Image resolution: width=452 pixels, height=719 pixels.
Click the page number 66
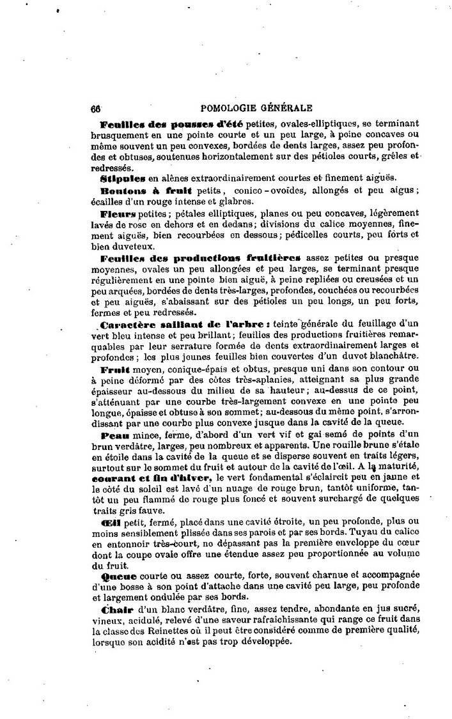pos(97,108)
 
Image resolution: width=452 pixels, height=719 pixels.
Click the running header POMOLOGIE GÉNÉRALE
pos(256,108)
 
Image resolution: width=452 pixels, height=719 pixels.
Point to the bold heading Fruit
pos(115,369)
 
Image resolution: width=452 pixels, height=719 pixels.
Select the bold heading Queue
pos(115,575)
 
